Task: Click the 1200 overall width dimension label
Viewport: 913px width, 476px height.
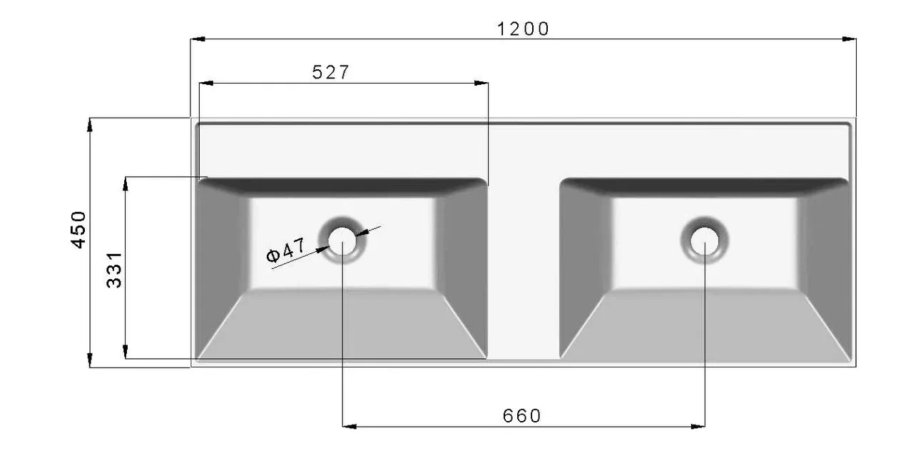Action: point(524,29)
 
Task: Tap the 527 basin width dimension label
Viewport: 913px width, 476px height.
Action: point(330,73)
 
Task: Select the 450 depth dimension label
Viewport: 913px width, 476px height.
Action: point(78,230)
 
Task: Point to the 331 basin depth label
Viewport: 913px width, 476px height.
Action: point(114,270)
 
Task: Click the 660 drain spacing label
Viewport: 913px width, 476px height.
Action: point(521,416)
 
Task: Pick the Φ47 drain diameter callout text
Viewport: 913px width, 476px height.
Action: point(285,250)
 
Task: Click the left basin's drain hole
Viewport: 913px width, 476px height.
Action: point(342,240)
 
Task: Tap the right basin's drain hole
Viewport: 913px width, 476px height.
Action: point(705,240)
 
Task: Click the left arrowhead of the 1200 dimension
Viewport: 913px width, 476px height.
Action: point(198,39)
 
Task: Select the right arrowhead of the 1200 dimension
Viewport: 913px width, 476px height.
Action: point(849,39)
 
